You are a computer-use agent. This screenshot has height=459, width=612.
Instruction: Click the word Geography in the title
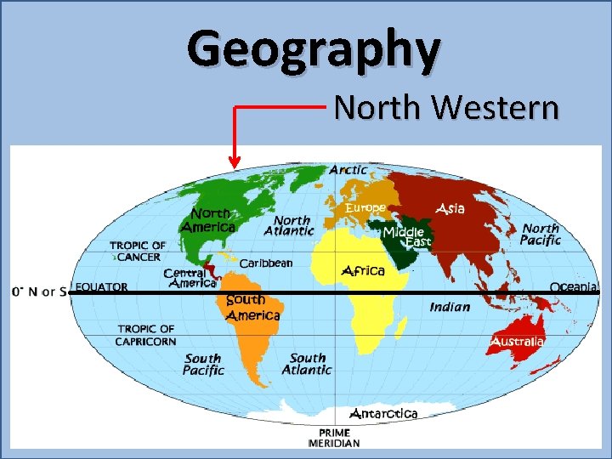[314, 48]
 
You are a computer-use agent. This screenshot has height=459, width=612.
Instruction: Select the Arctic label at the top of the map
[348, 170]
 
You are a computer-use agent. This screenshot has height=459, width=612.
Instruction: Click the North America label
[208, 221]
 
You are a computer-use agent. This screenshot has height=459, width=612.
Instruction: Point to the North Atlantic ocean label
[289, 225]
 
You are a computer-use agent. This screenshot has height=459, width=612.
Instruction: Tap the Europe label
[365, 207]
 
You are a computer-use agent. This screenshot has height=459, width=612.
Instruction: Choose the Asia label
[450, 208]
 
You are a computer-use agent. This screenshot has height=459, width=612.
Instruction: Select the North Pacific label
[541, 234]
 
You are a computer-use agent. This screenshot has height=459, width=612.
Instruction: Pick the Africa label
[363, 271]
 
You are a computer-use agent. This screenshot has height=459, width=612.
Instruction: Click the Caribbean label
[265, 263]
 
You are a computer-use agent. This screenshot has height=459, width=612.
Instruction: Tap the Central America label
[190, 278]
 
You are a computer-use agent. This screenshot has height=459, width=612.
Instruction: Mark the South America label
[252, 308]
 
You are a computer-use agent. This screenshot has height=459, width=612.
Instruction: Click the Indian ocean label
[450, 307]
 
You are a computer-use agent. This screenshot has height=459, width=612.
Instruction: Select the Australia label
[518, 342]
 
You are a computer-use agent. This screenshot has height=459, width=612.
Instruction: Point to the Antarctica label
[384, 414]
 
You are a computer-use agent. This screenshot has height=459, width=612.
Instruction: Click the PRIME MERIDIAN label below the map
[333, 438]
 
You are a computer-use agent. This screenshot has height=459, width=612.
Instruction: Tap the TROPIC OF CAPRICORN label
[146, 335]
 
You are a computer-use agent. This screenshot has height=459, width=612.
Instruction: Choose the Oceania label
[574, 287]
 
